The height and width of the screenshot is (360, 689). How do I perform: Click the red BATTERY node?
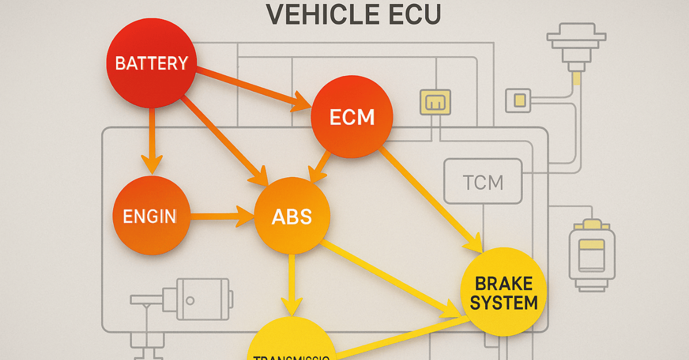(x=152, y=63)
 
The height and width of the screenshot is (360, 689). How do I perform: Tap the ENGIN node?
(x=151, y=216)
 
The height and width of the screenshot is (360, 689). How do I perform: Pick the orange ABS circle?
(x=292, y=216)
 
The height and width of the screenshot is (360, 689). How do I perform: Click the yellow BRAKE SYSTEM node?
(x=504, y=291)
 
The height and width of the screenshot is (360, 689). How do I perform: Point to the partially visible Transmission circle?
(x=291, y=343)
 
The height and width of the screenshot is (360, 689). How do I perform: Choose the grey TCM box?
(x=483, y=182)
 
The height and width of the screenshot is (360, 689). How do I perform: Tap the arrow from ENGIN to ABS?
(x=221, y=217)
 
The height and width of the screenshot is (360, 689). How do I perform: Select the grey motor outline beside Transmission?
(x=195, y=299)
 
